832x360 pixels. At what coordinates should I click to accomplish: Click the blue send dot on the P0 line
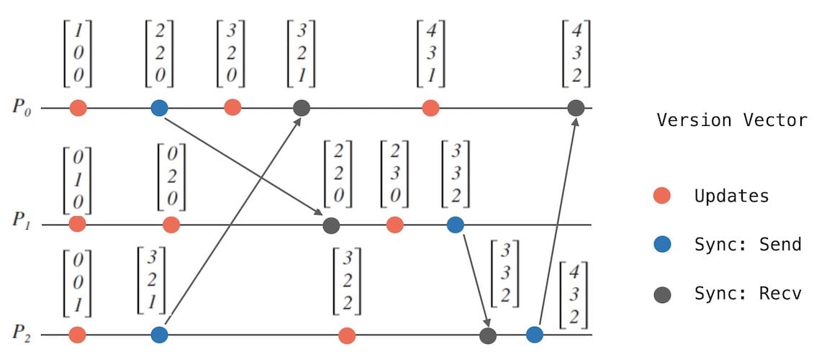160,108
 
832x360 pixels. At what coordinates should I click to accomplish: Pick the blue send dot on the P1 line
455,225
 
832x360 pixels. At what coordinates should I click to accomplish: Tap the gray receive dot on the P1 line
330,225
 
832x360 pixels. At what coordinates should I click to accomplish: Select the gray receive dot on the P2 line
488,335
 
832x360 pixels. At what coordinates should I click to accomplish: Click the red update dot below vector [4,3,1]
430,108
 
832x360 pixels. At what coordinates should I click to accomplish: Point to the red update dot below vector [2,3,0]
394,225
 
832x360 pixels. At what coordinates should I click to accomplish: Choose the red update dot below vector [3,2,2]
347,335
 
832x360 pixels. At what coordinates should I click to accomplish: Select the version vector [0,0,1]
78,284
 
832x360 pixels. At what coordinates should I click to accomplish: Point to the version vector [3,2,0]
231,54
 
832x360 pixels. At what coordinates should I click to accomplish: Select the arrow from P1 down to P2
475,279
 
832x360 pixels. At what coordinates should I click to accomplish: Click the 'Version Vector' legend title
732,120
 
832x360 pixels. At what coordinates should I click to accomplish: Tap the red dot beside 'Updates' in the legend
661,195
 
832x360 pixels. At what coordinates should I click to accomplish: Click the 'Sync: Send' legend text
748,244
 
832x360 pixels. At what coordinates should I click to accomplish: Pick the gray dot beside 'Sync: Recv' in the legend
662,294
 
